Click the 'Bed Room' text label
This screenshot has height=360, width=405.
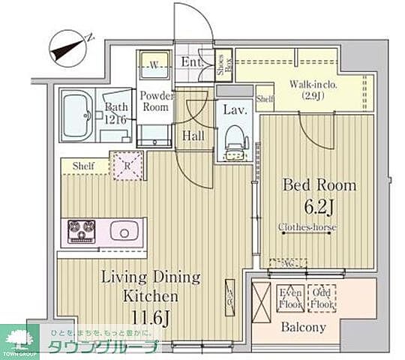318,185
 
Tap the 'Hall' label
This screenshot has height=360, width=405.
192,135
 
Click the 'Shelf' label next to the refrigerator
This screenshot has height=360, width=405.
83,166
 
